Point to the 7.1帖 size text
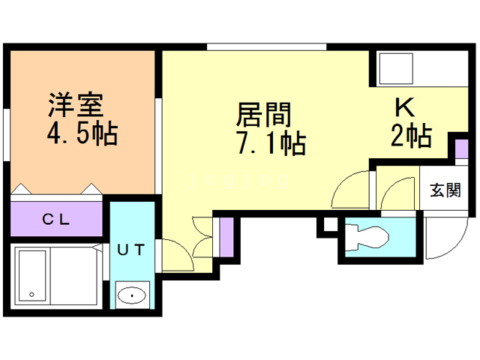[x=271, y=142]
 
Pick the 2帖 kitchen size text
[x=409, y=136]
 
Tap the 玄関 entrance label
[x=445, y=190]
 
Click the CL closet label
[x=55, y=220]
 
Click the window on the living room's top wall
[x=266, y=47]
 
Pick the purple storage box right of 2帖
[x=459, y=146]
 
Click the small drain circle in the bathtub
[x=31, y=293]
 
